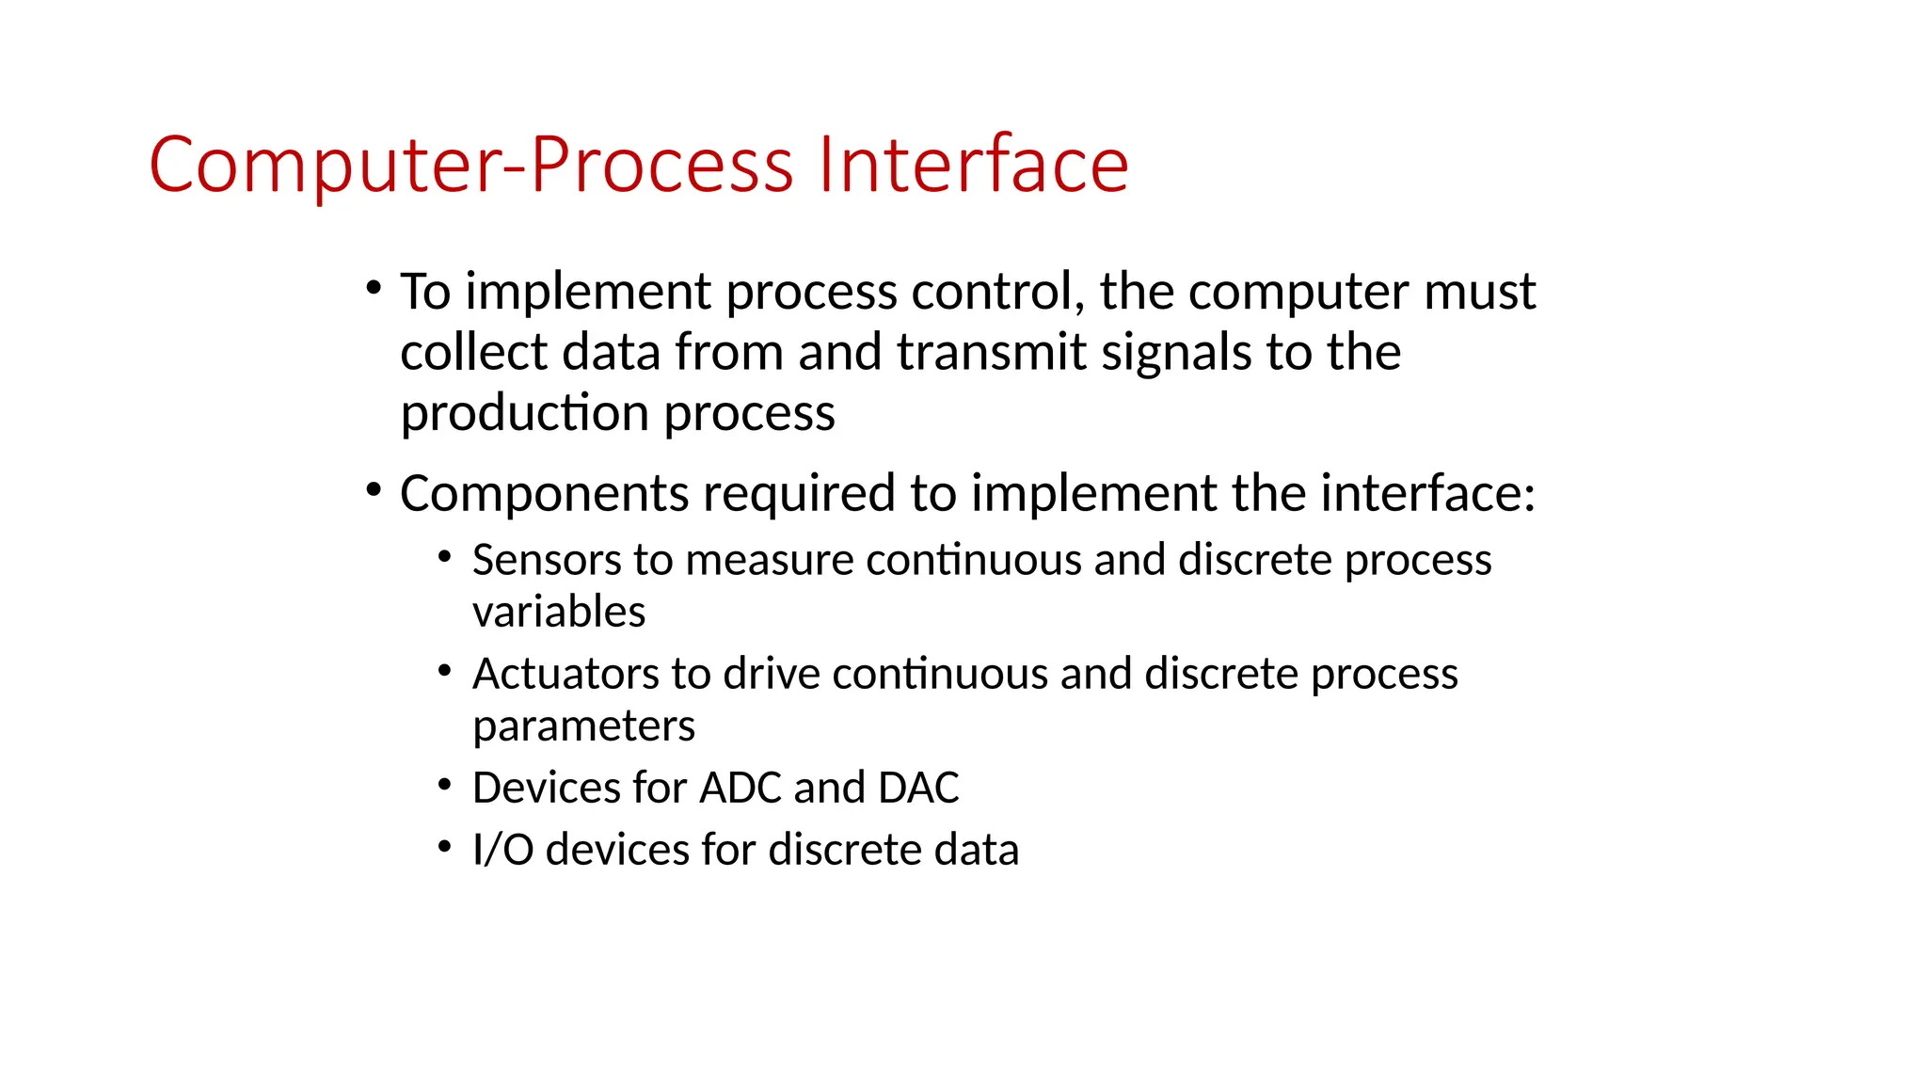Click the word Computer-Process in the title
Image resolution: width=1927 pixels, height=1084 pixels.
pos(470,166)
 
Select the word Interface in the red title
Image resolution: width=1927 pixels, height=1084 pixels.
pos(973,166)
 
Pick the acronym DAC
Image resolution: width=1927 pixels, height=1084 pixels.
pos(917,788)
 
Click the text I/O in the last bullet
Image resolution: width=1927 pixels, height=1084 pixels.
pos(502,849)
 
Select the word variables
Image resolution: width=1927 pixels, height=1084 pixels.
pos(559,613)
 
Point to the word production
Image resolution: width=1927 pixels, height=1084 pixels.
pos(524,414)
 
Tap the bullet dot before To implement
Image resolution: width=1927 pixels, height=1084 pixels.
pos(374,287)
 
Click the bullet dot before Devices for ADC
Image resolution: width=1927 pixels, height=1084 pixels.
pos(445,785)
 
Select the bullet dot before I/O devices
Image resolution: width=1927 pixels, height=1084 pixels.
pos(445,846)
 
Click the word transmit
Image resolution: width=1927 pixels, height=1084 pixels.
pos(991,352)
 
